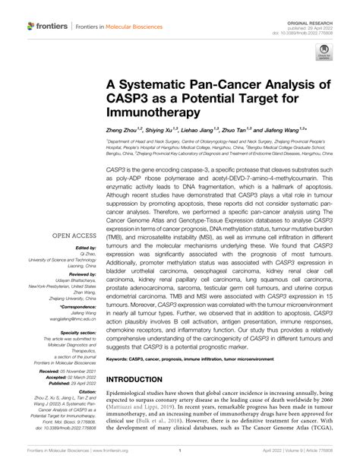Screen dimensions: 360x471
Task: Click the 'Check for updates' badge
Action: pyautogui.click(x=324, y=52)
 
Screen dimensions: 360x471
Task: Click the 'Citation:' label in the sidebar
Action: pyautogui.click(x=85, y=403)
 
